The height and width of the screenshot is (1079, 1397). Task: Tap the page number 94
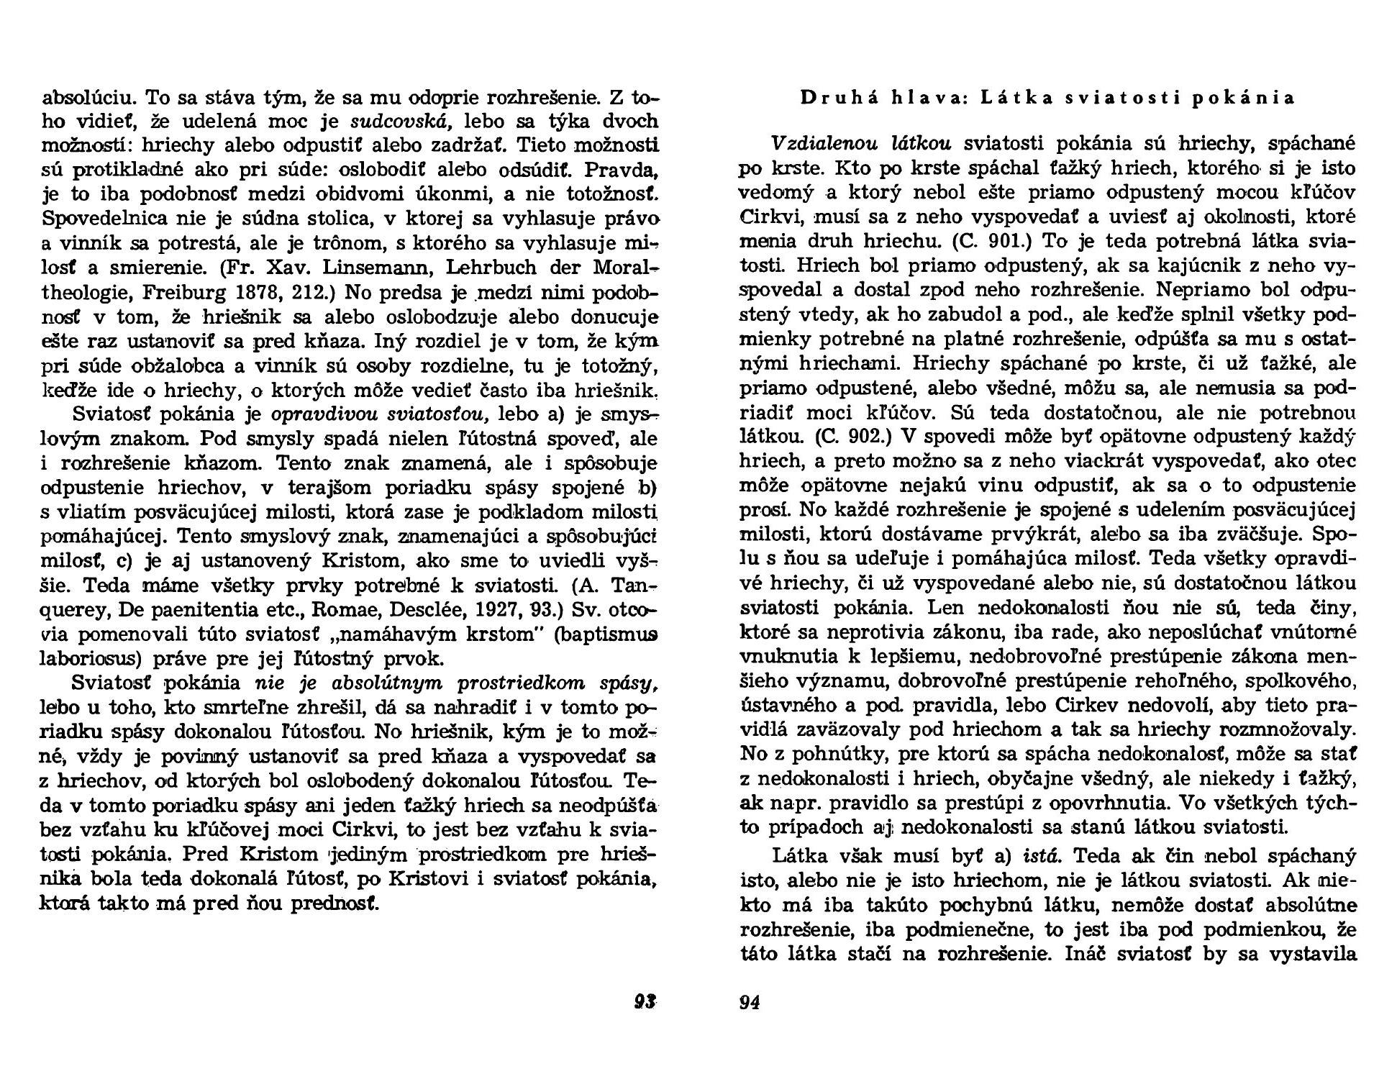coord(750,1001)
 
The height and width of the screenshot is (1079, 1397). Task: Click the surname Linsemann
coord(371,268)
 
